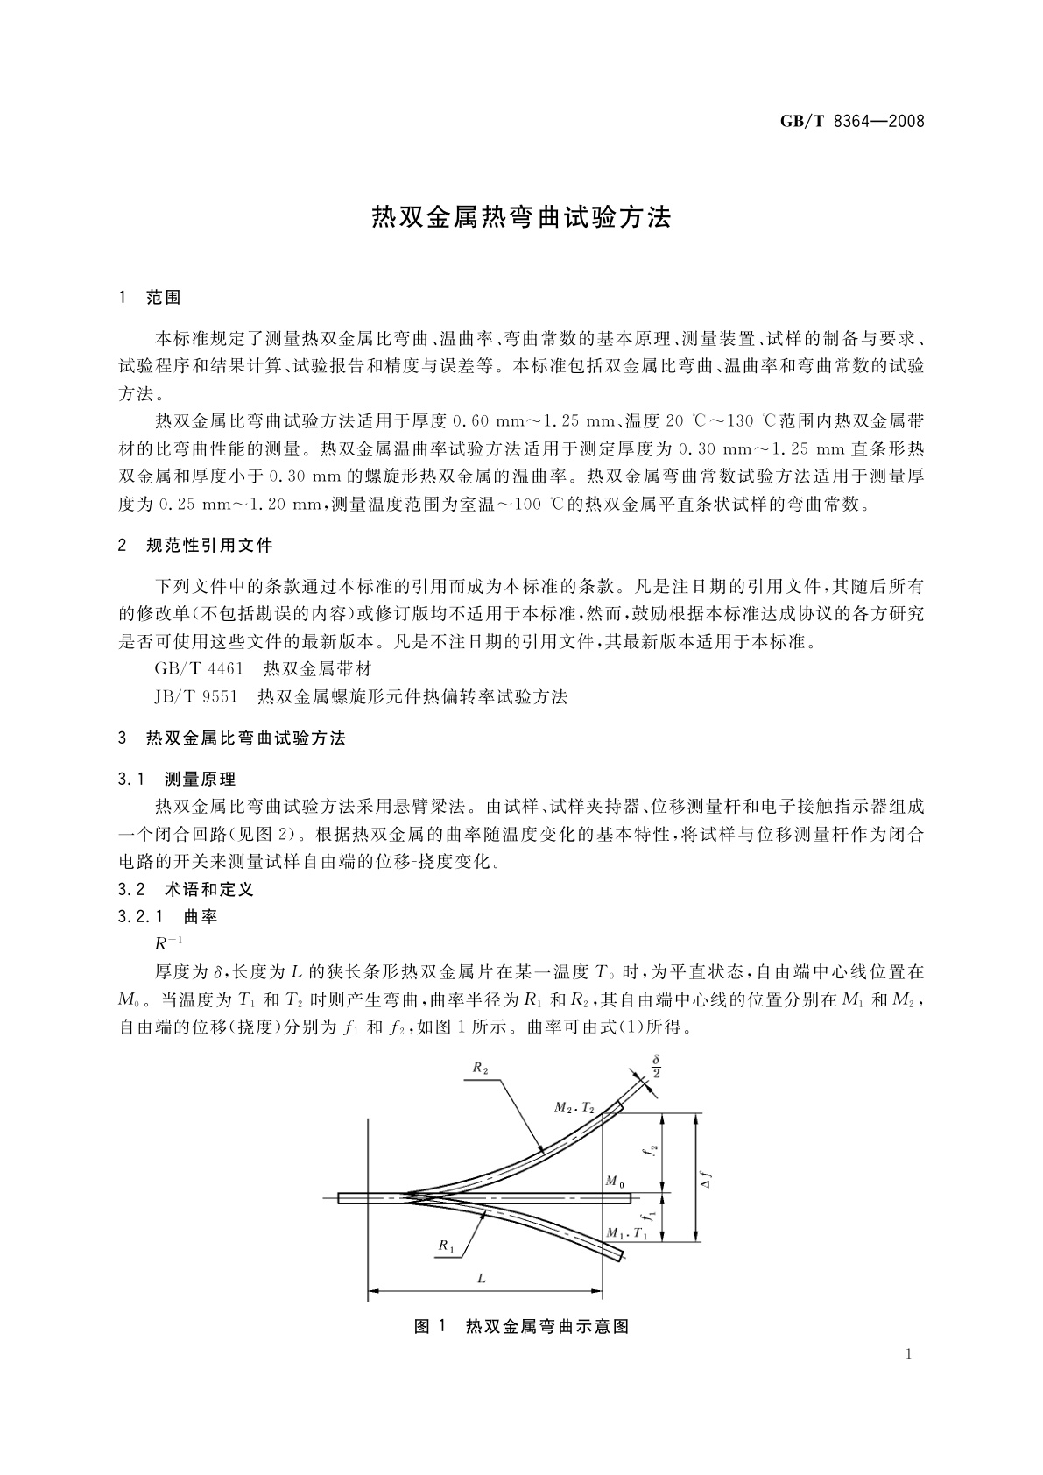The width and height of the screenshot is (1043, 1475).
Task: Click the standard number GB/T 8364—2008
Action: click(x=851, y=121)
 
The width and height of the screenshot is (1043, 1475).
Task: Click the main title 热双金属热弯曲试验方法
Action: click(x=521, y=218)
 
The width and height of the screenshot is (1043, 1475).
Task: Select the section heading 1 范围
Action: click(x=150, y=299)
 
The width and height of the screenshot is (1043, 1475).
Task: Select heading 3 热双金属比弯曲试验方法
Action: click(x=232, y=738)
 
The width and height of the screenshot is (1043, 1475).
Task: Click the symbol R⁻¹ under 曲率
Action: click(x=168, y=943)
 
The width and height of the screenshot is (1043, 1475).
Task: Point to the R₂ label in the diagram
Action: click(x=480, y=1068)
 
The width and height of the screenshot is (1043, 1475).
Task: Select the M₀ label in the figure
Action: click(x=615, y=1182)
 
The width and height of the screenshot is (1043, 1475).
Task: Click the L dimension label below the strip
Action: click(x=481, y=1279)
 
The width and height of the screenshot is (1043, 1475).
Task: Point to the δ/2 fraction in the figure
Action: click(x=656, y=1066)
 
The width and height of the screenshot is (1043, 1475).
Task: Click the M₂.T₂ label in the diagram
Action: click(x=574, y=1108)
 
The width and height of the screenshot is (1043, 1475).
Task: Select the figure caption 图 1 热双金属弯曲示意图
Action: click(x=521, y=1326)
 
